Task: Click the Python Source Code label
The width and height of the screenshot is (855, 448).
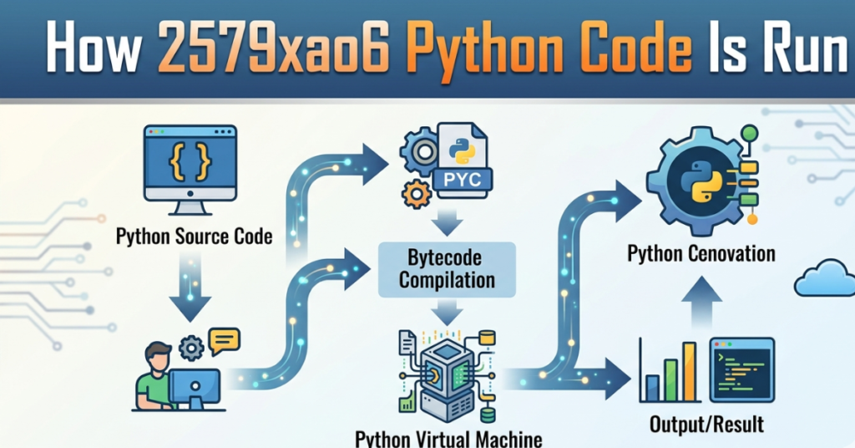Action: tap(194, 237)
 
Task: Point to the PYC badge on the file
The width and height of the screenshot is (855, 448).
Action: tap(462, 178)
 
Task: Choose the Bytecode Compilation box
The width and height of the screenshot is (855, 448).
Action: tap(447, 268)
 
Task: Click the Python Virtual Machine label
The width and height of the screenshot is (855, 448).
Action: tap(448, 438)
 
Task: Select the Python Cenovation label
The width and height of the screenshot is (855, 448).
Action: tap(701, 253)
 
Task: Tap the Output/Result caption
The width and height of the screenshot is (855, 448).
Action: tap(706, 424)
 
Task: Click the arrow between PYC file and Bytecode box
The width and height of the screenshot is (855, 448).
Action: tap(448, 221)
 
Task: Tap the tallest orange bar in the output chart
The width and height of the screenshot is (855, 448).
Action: tap(689, 371)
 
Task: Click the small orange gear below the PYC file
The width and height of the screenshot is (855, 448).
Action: tap(415, 195)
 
